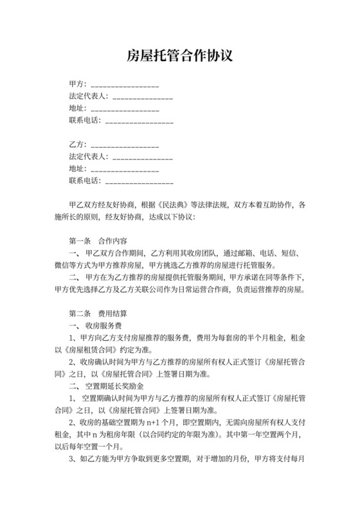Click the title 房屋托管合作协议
point(179,56)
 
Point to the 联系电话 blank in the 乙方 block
point(139,181)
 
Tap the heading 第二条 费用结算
point(98,314)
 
